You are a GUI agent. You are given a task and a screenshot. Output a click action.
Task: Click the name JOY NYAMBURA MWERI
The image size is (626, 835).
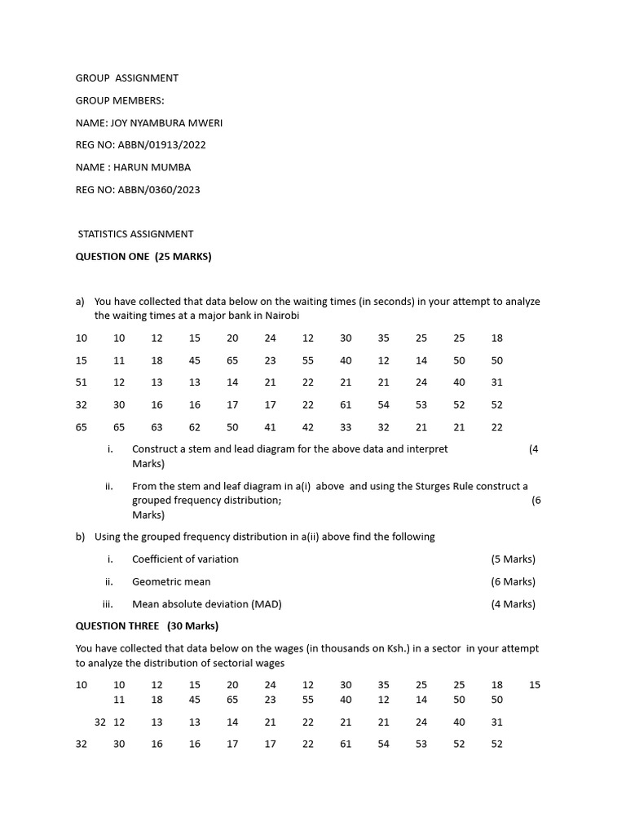(166, 123)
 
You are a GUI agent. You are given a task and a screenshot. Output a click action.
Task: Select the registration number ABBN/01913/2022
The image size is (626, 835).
(161, 145)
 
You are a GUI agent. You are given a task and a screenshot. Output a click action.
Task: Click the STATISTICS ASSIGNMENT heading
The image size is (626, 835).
(135, 234)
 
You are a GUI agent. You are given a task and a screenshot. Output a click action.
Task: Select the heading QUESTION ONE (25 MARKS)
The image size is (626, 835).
(143, 256)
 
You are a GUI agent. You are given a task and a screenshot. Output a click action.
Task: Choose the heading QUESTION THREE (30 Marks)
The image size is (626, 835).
(147, 626)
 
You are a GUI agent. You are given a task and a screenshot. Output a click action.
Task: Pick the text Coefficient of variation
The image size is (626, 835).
(185, 559)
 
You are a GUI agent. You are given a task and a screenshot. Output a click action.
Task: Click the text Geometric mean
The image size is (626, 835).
(171, 581)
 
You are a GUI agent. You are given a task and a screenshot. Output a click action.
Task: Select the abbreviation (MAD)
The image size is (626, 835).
(266, 604)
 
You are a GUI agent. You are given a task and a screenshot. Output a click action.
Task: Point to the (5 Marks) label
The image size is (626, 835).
(513, 559)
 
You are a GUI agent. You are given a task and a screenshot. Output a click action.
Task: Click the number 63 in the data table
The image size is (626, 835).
(156, 426)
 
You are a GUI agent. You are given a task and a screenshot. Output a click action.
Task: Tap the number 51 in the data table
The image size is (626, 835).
(82, 382)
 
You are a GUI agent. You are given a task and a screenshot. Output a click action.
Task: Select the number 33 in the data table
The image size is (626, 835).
(346, 426)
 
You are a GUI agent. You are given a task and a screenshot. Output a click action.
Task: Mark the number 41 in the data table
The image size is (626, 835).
(270, 426)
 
